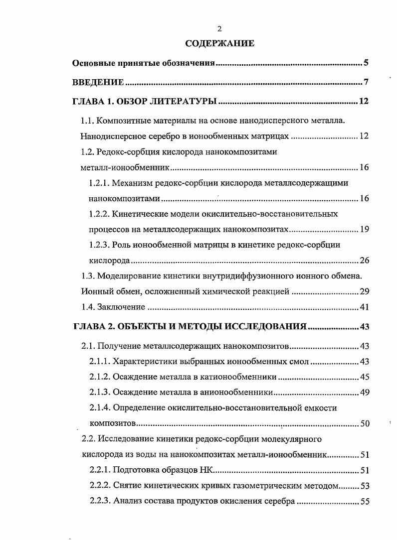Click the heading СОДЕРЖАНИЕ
point(219,43)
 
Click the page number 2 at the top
point(219,29)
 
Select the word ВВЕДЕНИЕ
point(98,82)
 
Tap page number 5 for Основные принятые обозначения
point(366,63)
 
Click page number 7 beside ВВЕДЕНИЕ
point(366,82)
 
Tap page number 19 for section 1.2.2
point(364,229)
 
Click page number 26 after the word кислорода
point(364,260)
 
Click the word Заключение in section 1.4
point(119,307)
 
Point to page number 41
point(364,307)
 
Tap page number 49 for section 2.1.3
point(364,392)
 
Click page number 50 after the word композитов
point(364,423)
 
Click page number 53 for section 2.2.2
point(364,486)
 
